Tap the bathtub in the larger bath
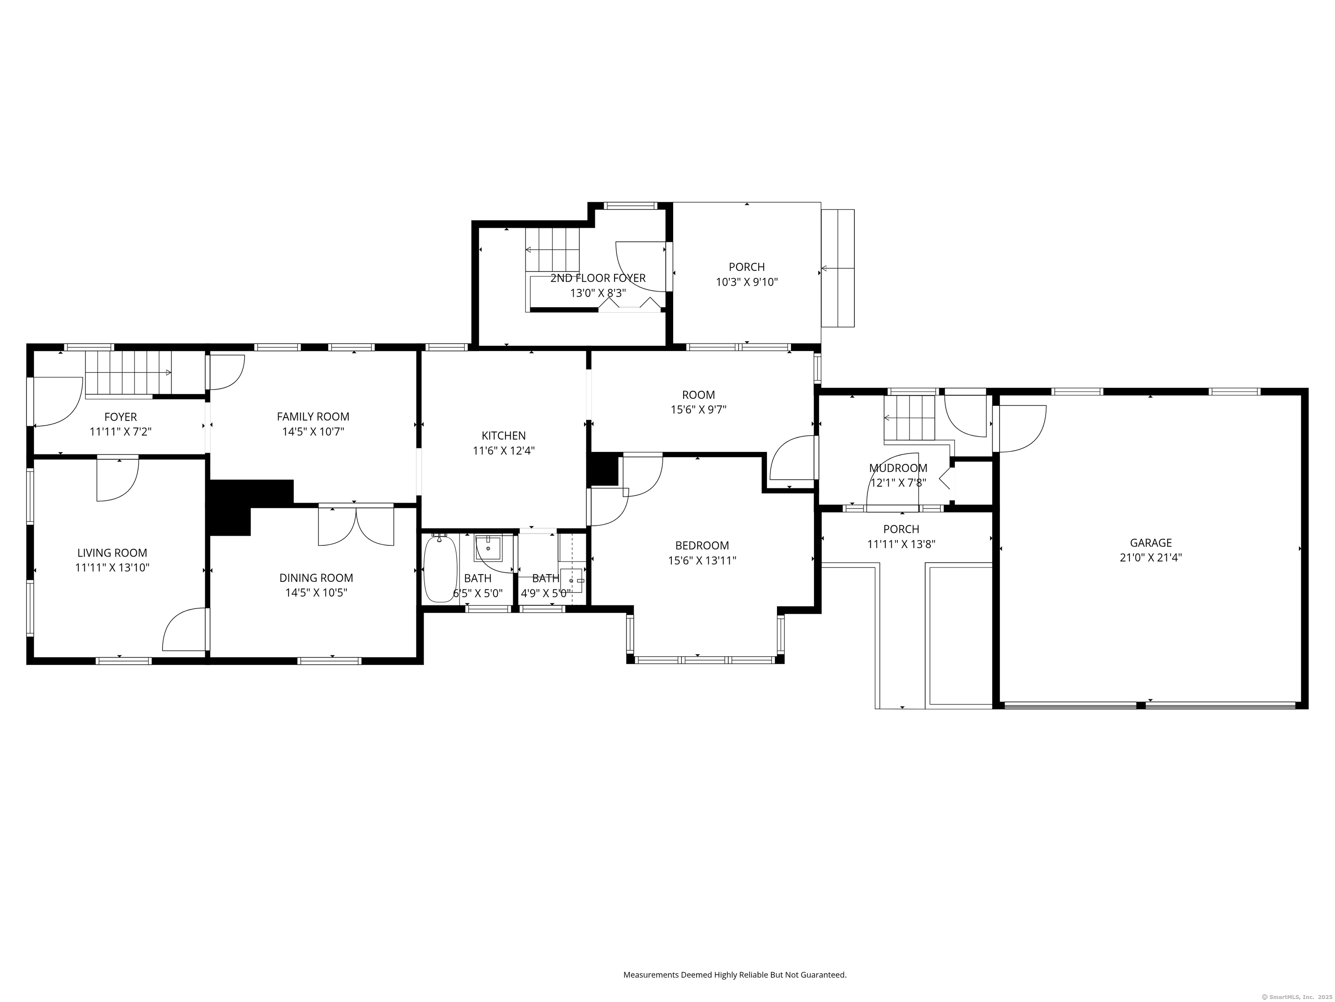point(440,569)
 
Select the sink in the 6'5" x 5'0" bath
point(488,548)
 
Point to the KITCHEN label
point(503,435)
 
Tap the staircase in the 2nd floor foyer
point(551,250)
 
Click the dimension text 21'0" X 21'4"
point(1150,558)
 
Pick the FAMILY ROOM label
point(312,416)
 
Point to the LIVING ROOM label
point(112,553)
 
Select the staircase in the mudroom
point(909,417)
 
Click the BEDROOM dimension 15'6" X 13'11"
point(701,561)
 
